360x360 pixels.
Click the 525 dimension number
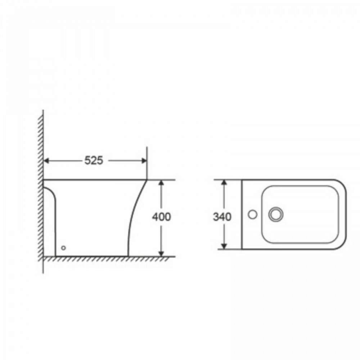click(94, 161)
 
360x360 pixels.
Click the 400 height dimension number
click(161, 217)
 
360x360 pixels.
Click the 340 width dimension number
click(222, 217)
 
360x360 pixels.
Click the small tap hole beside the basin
click(253, 215)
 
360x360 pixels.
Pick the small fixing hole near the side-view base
click(64, 248)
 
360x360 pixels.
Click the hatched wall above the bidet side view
click(41, 144)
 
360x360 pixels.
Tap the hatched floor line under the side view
click(108, 258)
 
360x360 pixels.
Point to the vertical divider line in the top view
click(242, 214)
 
